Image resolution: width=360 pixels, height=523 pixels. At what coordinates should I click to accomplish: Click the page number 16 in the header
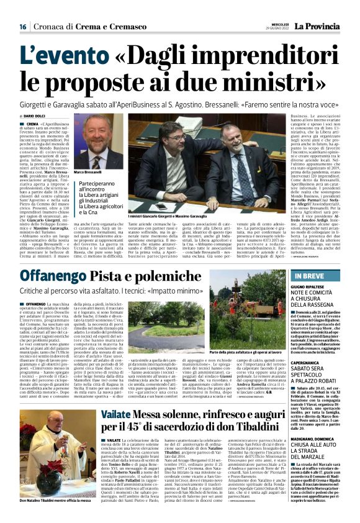click(22, 26)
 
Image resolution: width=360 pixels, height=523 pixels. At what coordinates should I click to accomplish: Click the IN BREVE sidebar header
click(310, 276)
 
